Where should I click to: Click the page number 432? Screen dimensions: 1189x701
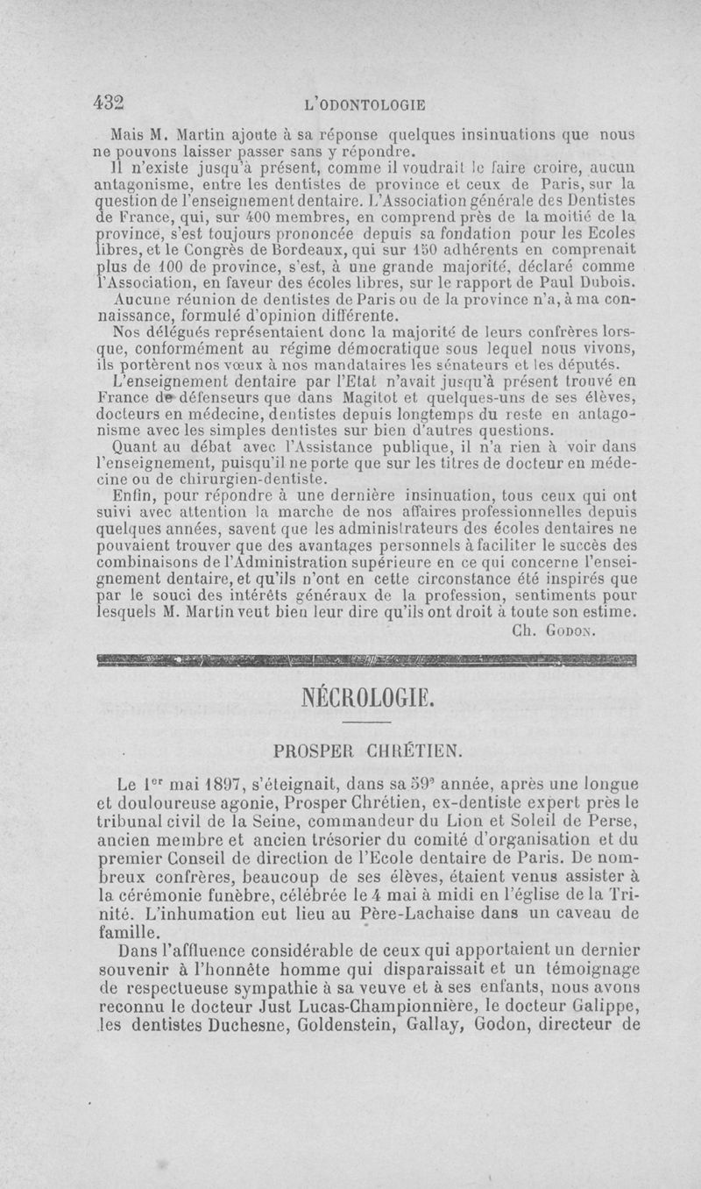[x=110, y=102]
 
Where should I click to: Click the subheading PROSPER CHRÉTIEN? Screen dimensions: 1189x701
[x=367, y=751]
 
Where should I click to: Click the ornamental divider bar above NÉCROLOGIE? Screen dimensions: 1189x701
[x=367, y=659]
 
